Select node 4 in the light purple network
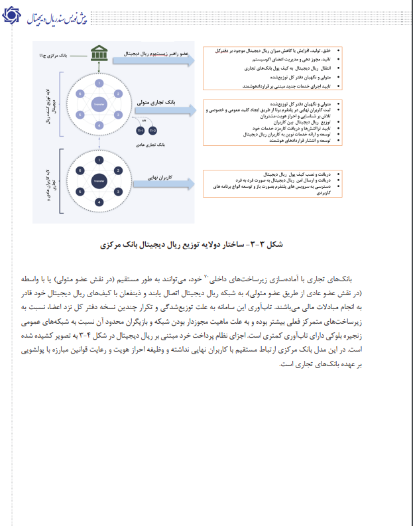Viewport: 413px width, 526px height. (x=99, y=125)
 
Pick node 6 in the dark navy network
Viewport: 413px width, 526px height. (x=81, y=170)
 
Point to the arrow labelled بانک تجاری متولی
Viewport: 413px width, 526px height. (x=162, y=104)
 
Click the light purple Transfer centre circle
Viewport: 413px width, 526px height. (x=99, y=104)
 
